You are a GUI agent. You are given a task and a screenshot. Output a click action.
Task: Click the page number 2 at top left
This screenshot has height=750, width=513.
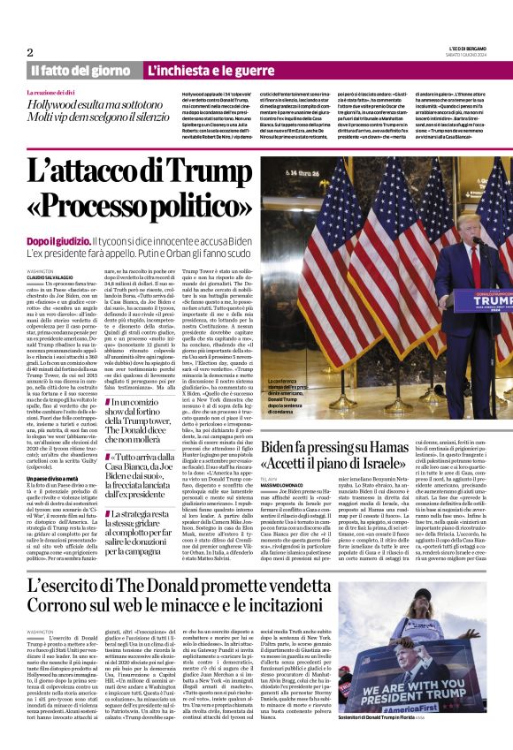(x=29, y=52)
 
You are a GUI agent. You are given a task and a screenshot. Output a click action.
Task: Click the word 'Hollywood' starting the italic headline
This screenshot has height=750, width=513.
(x=56, y=103)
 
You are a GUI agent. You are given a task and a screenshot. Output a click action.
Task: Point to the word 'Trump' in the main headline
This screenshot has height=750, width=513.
(x=212, y=169)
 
